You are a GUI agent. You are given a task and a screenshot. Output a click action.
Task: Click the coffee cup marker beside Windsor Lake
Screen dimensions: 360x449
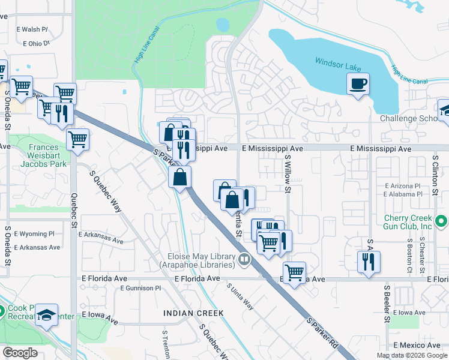358,83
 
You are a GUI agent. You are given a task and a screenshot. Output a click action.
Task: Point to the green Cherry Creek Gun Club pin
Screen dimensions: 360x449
442,222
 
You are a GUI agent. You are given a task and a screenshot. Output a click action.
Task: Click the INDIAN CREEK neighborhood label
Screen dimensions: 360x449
193,313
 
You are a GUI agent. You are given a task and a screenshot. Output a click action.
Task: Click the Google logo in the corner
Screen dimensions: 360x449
20,353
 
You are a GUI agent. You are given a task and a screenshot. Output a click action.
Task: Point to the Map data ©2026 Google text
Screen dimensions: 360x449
412,355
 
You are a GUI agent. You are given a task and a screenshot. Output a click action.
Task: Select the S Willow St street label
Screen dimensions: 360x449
288,173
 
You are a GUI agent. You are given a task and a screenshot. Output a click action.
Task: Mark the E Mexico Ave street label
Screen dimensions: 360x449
417,346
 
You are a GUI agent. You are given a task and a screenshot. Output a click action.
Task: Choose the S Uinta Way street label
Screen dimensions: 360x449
240,296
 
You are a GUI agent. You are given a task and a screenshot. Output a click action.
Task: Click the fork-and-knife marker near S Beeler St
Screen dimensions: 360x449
369,262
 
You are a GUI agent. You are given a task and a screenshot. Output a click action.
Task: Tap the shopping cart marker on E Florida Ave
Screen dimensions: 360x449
294,272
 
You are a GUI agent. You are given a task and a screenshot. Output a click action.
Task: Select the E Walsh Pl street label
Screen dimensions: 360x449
35,29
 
